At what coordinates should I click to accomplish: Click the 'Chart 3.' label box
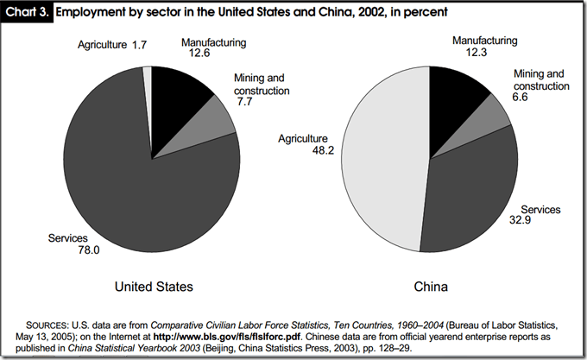(28, 14)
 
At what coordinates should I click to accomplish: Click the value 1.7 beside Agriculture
(138, 45)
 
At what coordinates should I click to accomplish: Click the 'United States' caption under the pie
(153, 285)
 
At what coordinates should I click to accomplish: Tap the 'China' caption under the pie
(429, 285)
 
